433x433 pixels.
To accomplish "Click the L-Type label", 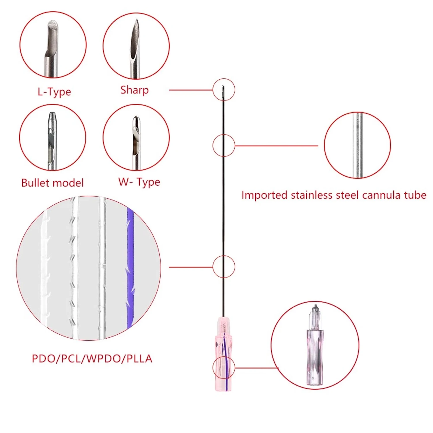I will click(54, 92).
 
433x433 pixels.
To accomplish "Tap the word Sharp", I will click(135, 90).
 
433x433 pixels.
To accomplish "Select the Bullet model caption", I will click(53, 183).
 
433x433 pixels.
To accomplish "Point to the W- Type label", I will click(139, 182).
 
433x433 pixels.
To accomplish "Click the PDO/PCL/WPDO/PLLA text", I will click(92, 359).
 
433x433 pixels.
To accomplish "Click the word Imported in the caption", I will click(264, 195).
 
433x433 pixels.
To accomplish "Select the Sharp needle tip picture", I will click(135, 48).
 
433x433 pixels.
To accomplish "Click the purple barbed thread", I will click(130, 268).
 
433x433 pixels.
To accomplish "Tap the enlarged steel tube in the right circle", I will click(357, 145).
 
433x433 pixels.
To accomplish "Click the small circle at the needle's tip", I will click(224, 89).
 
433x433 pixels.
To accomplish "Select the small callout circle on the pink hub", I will click(224, 367).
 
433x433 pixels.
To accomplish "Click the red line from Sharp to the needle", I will click(191, 90).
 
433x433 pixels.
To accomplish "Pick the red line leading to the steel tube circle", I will click(277, 146).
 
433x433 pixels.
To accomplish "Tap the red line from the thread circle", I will click(191, 267).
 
